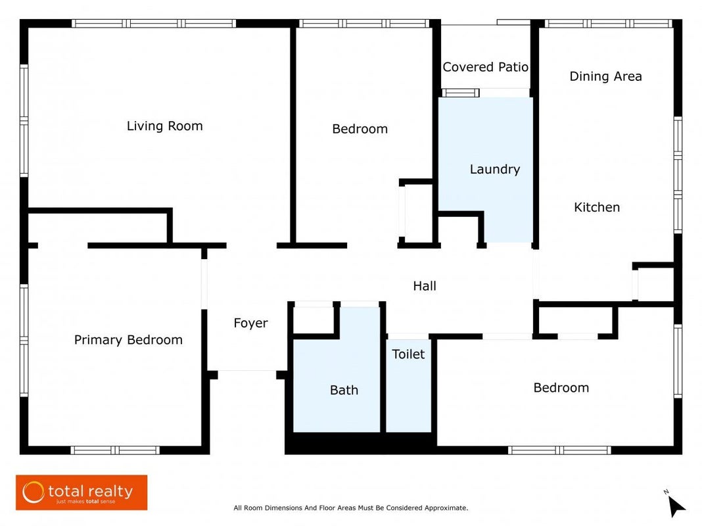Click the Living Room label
coord(165,126)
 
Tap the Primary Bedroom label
coord(128,340)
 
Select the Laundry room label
coord(495,169)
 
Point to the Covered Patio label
coord(485,67)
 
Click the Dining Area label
coord(606,76)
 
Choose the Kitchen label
coord(597,207)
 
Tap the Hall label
coord(425,285)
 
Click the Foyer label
coord(250,323)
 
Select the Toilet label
coord(408,354)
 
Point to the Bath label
coord(344,390)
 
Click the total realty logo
coord(82,492)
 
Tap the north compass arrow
coord(676,506)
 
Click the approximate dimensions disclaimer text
coord(350,508)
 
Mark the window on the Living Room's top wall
coord(154,23)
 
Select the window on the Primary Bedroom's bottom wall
coord(115,450)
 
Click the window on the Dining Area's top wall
coord(609,23)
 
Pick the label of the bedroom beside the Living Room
coord(360,129)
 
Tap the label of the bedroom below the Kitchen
coord(561,388)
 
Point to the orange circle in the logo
coord(34,492)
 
